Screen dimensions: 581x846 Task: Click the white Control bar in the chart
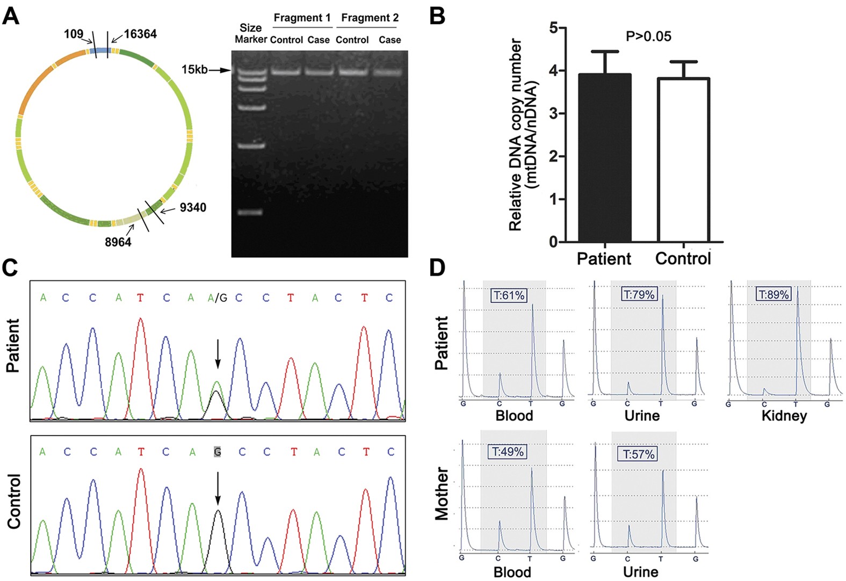(684, 161)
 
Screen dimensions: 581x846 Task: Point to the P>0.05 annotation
(648, 37)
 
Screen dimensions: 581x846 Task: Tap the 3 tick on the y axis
(553, 114)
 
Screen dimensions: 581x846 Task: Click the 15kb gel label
(194, 70)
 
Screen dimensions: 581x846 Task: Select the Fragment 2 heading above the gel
(370, 18)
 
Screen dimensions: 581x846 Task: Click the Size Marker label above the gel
(250, 33)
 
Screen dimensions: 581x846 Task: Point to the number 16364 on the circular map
(140, 34)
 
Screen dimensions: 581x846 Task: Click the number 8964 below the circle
(118, 242)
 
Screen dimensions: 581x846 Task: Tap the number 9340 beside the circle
(193, 208)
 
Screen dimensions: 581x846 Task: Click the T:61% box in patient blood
(509, 295)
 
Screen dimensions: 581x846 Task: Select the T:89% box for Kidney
(773, 294)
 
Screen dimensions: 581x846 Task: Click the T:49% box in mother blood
(508, 452)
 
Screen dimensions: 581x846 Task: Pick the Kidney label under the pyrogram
(784, 416)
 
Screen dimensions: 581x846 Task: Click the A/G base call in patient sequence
(217, 297)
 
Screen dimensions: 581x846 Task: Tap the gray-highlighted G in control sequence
(217, 452)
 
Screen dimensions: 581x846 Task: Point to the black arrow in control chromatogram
(218, 489)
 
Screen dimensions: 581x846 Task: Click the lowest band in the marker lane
(250, 213)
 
